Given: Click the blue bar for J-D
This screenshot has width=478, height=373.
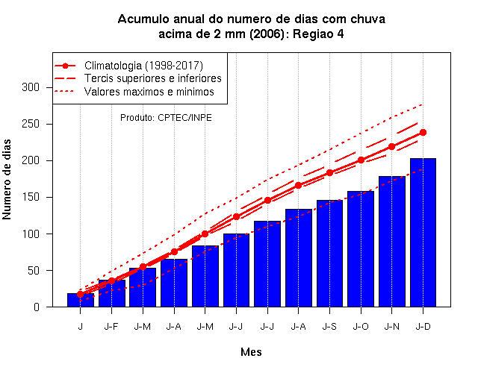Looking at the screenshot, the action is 423,233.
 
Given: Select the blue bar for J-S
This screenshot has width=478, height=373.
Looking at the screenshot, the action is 329,254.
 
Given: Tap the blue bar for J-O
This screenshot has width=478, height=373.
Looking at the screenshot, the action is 361,249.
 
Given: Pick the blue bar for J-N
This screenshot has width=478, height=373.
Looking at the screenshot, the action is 391,242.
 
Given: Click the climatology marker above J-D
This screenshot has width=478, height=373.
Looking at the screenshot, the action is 423,133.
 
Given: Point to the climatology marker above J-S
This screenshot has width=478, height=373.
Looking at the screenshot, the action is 329,172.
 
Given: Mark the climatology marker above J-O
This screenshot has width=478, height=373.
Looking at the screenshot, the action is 361,160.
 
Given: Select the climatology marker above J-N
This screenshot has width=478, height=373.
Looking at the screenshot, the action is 391,147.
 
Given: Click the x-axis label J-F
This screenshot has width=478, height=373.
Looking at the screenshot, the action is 111,327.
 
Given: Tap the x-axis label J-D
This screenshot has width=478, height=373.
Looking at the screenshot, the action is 423,327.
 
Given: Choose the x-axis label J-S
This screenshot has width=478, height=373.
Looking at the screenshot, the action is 329,327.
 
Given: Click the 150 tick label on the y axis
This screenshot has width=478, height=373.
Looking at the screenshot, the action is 31,197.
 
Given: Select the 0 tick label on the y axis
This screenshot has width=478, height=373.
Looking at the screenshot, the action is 37,307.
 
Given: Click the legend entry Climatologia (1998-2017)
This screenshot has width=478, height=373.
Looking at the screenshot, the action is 143,66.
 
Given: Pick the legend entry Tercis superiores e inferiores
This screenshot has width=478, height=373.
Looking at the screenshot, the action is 152,78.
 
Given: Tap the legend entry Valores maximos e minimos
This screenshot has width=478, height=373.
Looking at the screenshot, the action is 149,92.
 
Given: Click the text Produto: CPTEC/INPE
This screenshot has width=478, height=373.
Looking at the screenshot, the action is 166,118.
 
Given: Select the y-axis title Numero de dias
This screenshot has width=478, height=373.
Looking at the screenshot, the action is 7,179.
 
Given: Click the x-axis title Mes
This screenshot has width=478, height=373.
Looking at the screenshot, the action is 251,352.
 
